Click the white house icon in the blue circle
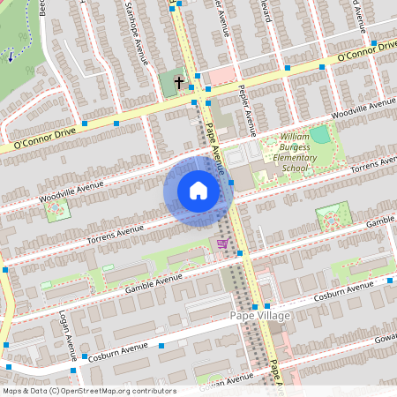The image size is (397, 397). click(198, 190)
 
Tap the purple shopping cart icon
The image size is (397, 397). click(222, 243)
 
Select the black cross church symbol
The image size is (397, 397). click(179, 83)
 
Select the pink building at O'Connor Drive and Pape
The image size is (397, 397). click(221, 76)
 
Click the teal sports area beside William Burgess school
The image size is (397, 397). click(319, 135)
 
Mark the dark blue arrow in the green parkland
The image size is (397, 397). click(10, 56)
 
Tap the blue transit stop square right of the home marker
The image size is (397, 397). click(231, 182)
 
